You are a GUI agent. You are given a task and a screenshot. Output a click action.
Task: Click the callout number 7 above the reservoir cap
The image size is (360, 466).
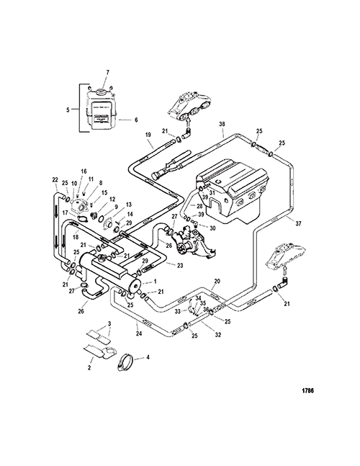(107, 72)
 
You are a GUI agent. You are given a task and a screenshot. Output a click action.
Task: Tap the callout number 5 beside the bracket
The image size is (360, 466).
(68, 110)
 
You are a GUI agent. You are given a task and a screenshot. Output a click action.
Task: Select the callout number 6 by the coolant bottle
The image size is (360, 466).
(136, 120)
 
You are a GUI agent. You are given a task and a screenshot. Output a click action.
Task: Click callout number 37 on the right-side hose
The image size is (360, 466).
(299, 223)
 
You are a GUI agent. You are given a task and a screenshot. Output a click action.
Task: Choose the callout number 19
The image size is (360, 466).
(148, 135)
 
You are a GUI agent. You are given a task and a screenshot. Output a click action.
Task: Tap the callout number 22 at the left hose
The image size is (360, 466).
(54, 179)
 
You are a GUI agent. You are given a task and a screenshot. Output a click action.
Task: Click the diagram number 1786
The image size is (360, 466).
(308, 391)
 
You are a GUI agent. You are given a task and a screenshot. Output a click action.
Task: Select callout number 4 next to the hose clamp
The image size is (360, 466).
(148, 357)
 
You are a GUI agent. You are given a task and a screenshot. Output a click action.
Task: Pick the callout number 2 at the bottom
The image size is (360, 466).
(89, 368)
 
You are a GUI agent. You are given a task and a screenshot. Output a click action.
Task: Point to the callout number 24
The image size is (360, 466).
(139, 333)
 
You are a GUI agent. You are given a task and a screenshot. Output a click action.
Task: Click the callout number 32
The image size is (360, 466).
(218, 335)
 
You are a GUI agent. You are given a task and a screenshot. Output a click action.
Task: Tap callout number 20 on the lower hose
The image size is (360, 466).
(217, 281)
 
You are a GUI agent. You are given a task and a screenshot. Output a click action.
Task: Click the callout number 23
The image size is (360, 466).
(179, 266)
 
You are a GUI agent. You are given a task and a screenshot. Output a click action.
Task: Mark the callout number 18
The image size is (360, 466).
(76, 236)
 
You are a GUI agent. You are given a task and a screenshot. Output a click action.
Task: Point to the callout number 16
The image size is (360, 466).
(84, 171)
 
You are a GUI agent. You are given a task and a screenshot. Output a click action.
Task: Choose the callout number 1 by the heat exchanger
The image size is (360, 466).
(155, 281)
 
